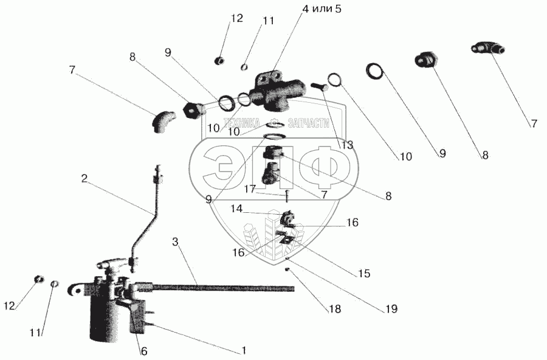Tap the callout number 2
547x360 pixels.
tap(84, 179)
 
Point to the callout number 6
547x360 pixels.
tap(143, 351)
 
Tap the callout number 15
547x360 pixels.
tap(364, 274)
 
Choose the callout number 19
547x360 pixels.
tap(390, 309)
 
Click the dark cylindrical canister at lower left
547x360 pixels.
tap(105, 311)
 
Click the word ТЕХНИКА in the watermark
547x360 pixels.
tap(241, 122)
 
